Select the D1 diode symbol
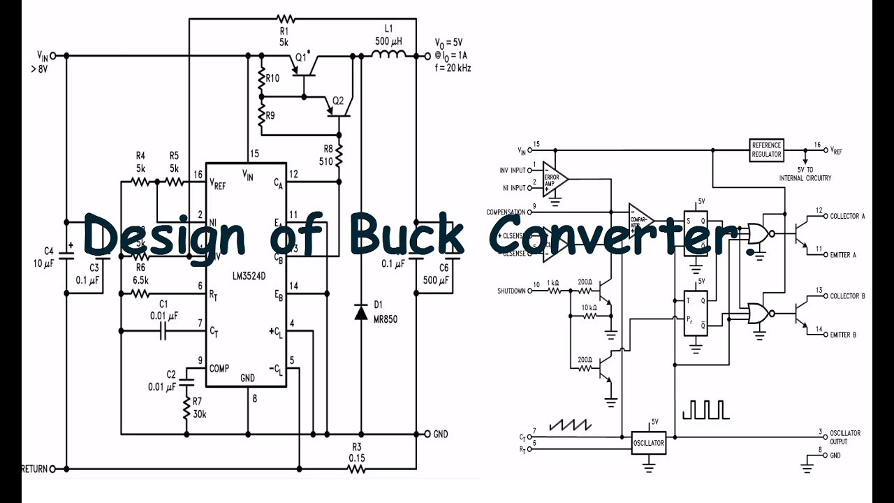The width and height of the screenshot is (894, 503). coord(360,312)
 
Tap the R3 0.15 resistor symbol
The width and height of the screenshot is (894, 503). coord(356,468)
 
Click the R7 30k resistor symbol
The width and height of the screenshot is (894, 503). coord(186,408)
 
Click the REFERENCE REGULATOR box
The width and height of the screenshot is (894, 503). coord(766,150)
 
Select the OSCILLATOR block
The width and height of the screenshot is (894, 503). coord(647,443)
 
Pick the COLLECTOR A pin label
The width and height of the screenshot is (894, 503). coord(847,217)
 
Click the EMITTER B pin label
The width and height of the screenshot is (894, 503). coord(843,335)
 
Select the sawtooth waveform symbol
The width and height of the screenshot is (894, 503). coord(570,424)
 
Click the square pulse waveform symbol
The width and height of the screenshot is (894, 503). coord(705,409)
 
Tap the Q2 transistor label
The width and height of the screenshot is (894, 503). coord(337,101)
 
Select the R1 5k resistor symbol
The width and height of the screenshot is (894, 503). coord(284,18)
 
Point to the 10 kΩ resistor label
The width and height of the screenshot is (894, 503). coord(589,307)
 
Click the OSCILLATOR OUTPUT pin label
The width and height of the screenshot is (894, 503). coord(845,437)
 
